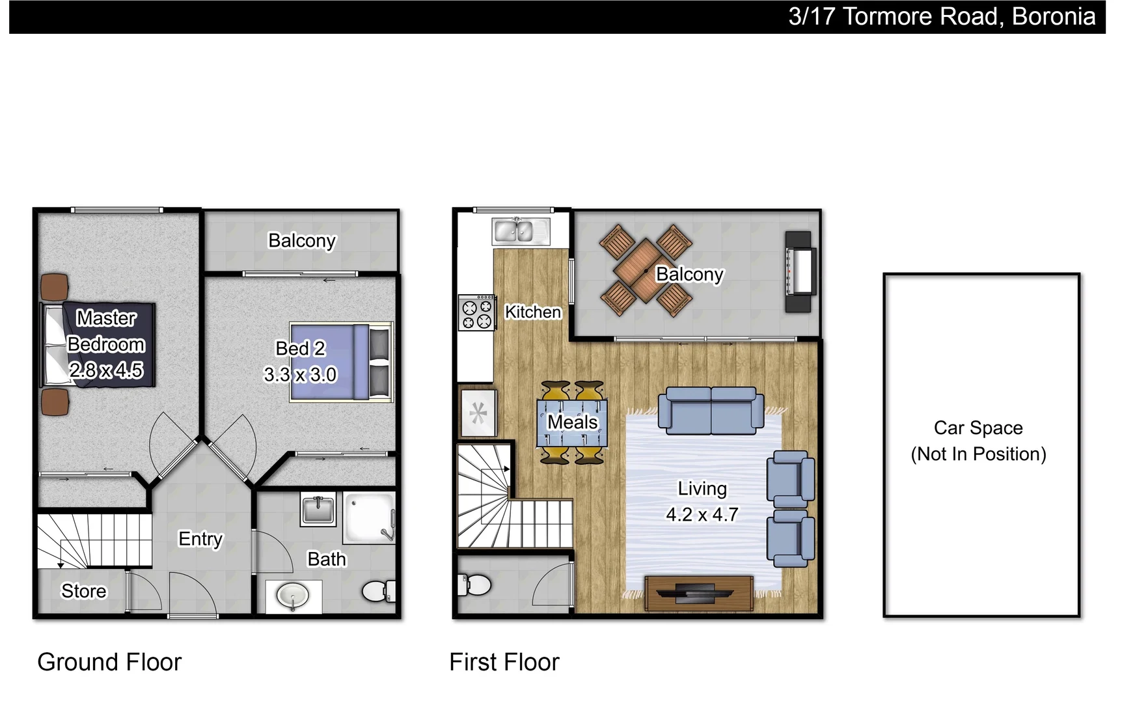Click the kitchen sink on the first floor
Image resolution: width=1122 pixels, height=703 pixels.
click(x=521, y=231)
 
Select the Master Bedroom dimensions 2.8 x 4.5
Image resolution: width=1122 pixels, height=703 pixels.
click(x=106, y=370)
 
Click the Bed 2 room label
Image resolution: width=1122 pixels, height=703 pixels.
click(x=300, y=348)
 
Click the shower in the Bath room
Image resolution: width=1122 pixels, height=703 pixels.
click(x=370, y=518)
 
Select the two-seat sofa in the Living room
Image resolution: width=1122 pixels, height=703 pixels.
click(x=711, y=410)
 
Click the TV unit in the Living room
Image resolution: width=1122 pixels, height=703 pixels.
click(x=699, y=592)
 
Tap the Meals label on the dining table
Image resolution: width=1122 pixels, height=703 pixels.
click(x=572, y=422)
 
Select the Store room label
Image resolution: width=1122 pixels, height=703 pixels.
click(x=83, y=591)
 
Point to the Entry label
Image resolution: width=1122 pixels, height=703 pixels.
click(x=200, y=539)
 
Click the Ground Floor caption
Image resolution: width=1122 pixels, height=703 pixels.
click(x=109, y=662)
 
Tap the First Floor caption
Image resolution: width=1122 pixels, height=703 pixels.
click(x=504, y=662)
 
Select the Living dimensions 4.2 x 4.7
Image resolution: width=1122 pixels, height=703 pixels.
click(x=702, y=515)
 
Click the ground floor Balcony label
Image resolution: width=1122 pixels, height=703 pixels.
click(x=301, y=241)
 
